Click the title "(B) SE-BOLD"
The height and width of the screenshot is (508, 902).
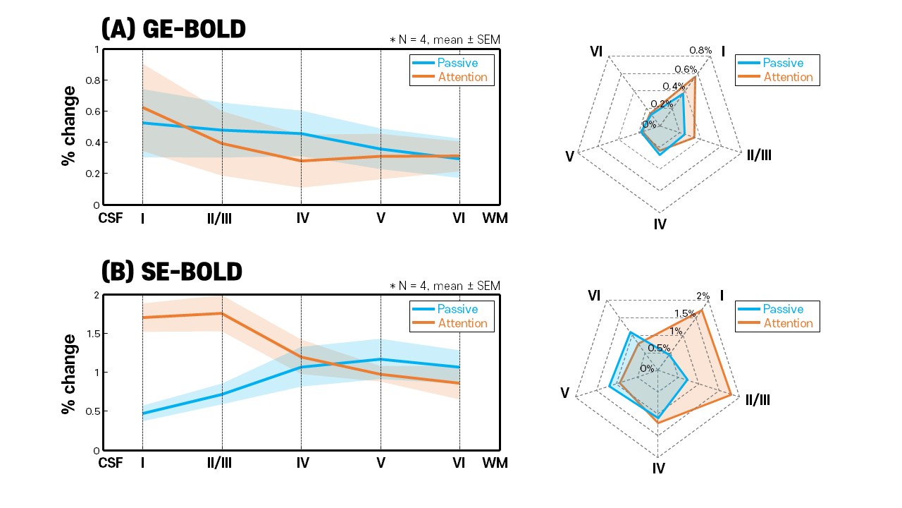(172, 272)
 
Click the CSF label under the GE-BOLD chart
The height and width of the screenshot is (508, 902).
(110, 219)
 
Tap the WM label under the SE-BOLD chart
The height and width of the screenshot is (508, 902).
(494, 464)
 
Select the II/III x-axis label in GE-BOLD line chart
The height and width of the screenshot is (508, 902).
(219, 219)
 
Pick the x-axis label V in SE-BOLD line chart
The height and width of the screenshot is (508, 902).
(381, 464)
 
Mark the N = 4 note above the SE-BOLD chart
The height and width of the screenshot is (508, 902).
(445, 286)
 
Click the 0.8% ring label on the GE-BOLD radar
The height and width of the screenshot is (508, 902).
(701, 51)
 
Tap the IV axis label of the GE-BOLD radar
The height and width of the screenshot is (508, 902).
(660, 224)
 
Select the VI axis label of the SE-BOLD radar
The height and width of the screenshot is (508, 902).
(594, 296)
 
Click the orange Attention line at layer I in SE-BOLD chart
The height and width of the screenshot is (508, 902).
(143, 317)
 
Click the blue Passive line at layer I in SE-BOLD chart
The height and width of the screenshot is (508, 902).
(143, 413)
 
